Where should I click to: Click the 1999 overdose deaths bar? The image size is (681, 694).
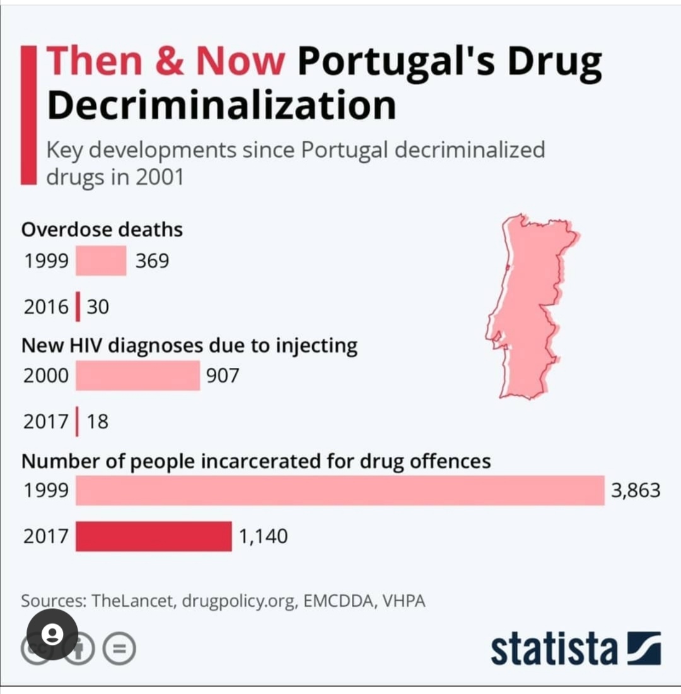(101, 261)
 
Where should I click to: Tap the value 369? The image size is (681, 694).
(152, 261)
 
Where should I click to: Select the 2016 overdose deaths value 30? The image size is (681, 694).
(98, 307)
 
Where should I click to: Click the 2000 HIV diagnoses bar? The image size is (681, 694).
(137, 376)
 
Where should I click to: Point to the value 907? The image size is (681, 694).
(223, 376)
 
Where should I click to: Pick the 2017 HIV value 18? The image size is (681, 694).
(98, 421)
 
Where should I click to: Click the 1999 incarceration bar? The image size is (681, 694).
(340, 490)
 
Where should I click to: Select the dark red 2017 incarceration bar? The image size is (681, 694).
(154, 536)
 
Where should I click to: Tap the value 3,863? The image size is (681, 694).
(636, 490)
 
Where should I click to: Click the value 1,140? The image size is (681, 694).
(264, 536)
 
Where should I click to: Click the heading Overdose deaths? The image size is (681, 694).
(102, 230)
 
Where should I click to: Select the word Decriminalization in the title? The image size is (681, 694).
(221, 105)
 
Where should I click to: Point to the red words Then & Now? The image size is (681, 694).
(165, 61)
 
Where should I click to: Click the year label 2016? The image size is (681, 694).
(46, 307)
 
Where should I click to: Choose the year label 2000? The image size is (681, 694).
(46, 376)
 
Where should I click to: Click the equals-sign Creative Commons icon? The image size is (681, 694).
(119, 648)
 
